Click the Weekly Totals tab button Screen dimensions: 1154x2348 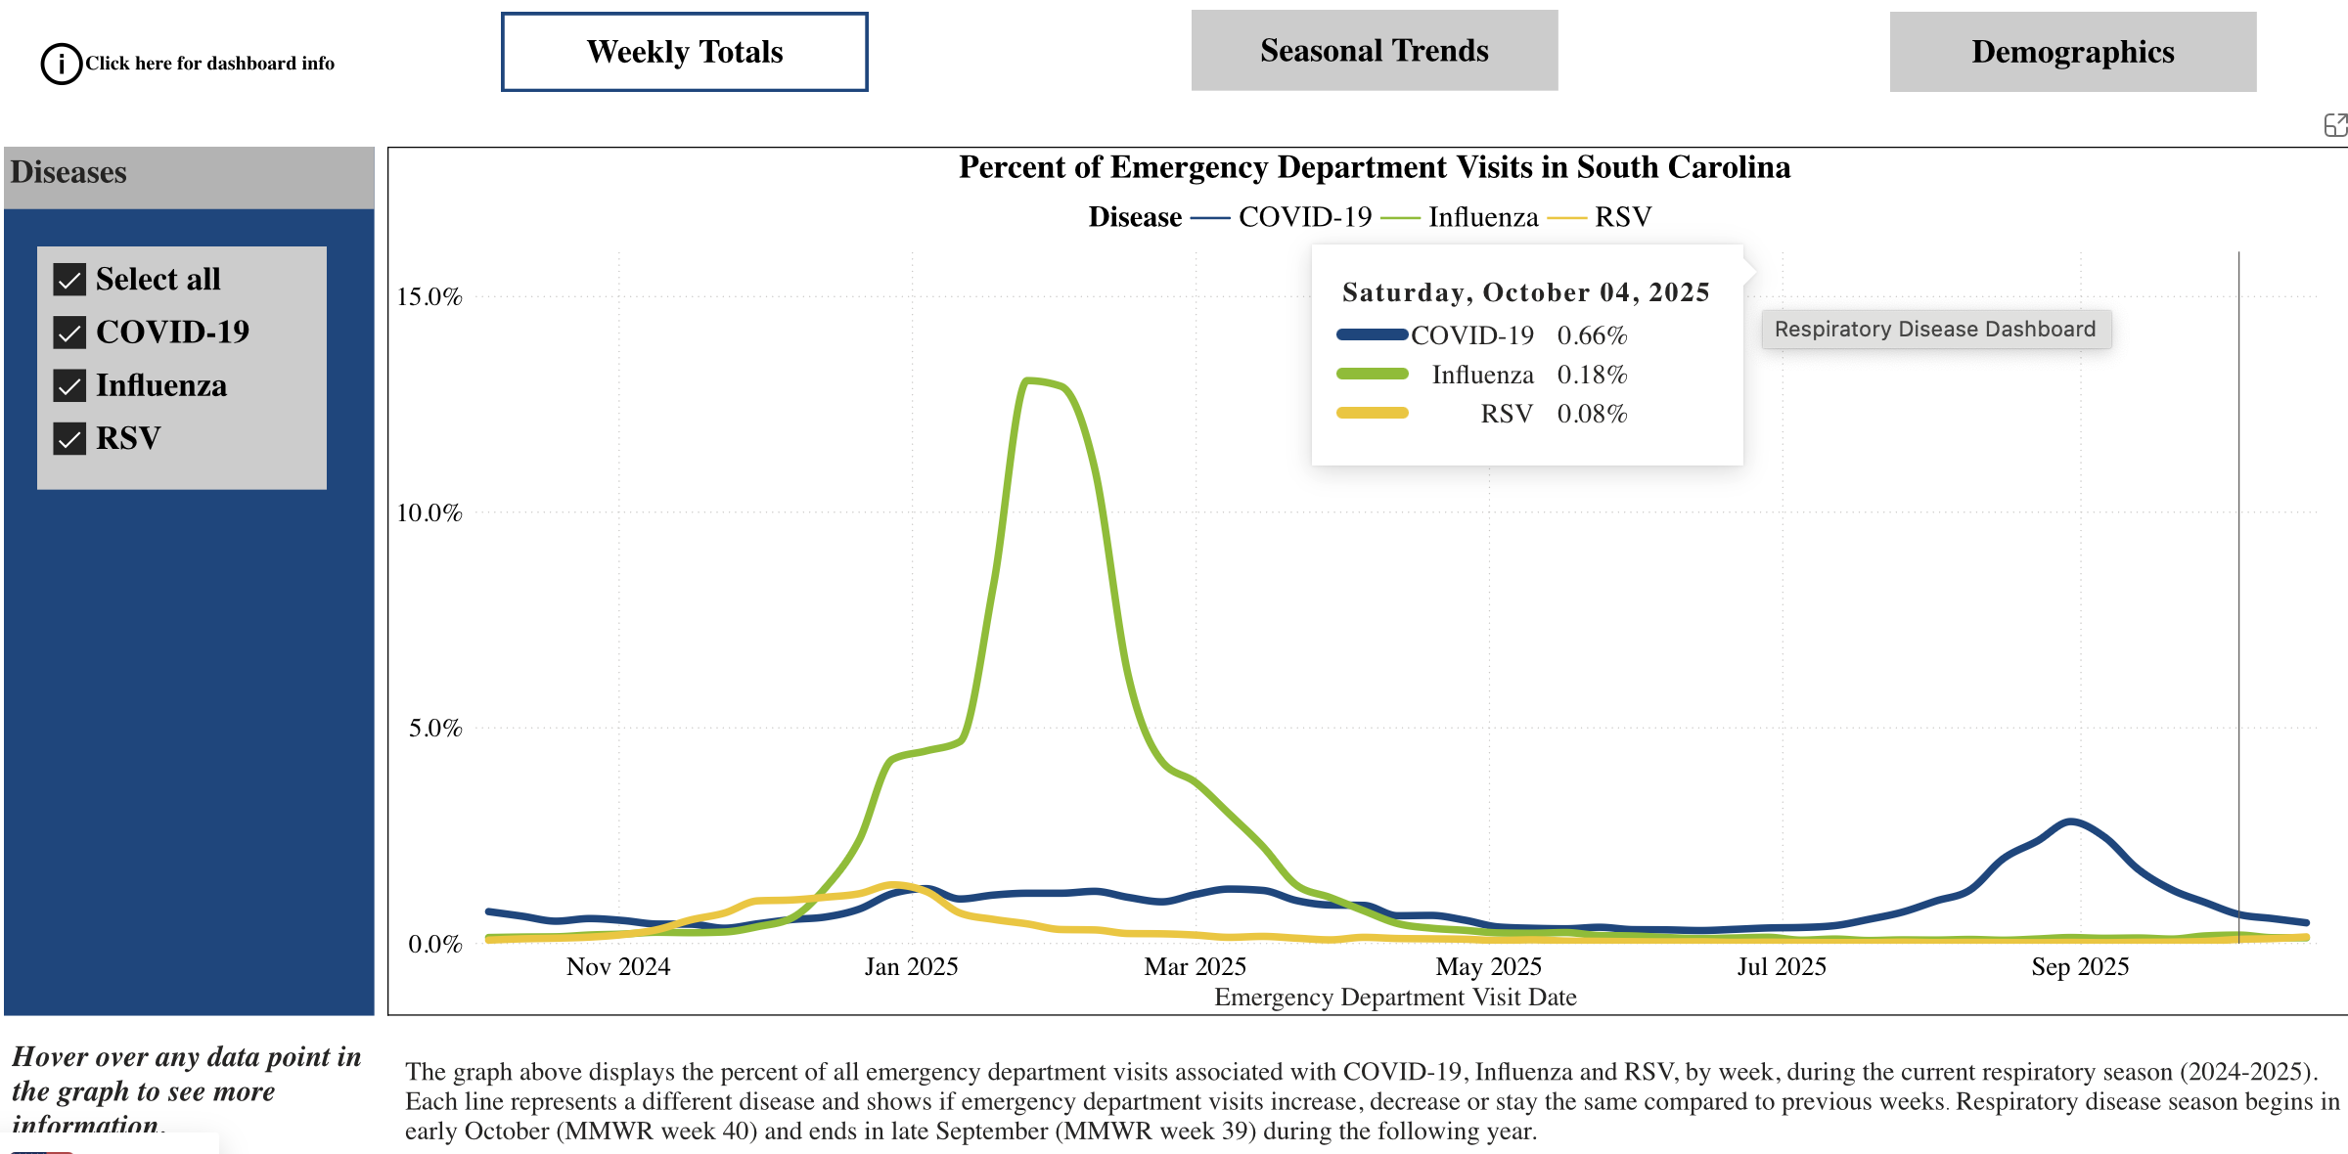point(684,52)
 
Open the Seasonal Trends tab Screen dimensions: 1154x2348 point(1374,51)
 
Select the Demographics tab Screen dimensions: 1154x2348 point(2072,52)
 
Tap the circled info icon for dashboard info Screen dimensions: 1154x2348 point(61,64)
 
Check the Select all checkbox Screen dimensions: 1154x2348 point(69,280)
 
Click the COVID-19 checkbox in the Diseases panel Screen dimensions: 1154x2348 point(69,333)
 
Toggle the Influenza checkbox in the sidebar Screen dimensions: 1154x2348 point(69,386)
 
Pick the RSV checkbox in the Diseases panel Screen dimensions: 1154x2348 point(69,439)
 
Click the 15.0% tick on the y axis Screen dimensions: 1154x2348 point(429,296)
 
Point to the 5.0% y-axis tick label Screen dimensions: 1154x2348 point(434,728)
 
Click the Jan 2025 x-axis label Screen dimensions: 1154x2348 point(911,966)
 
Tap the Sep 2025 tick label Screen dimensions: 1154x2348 point(2080,966)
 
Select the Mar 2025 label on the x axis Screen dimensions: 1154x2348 point(1195,966)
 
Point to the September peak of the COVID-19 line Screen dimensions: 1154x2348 point(2070,822)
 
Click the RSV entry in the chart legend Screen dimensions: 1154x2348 point(1622,217)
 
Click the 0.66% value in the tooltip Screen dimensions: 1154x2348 point(1592,335)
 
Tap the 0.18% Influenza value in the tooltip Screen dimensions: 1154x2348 point(1592,375)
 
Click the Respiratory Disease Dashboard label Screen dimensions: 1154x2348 point(1935,329)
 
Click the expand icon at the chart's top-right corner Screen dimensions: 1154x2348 point(2334,125)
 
